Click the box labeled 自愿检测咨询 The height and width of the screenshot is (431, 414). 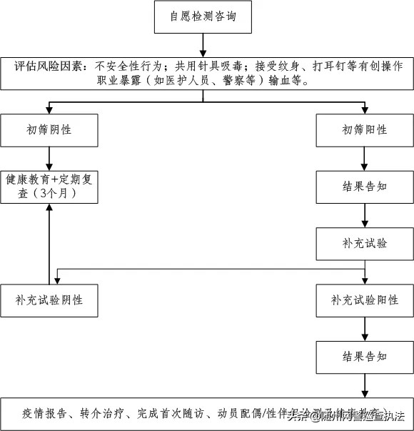[x=203, y=17]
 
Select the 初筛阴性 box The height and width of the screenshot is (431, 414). [x=49, y=130]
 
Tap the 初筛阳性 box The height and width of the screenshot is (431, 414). [x=365, y=130]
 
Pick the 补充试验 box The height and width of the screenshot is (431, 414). [x=365, y=243]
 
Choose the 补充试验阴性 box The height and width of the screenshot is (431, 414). [x=49, y=300]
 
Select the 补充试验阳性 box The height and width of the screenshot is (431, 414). [x=365, y=300]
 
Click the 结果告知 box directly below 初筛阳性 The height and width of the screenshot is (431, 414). [x=365, y=187]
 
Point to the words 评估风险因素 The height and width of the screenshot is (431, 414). [x=49, y=66]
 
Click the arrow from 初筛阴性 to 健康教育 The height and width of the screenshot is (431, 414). [x=49, y=157]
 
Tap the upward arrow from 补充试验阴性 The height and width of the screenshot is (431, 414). [x=49, y=243]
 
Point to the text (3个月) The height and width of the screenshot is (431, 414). [x=49, y=193]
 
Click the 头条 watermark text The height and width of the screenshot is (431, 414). [x=299, y=416]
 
